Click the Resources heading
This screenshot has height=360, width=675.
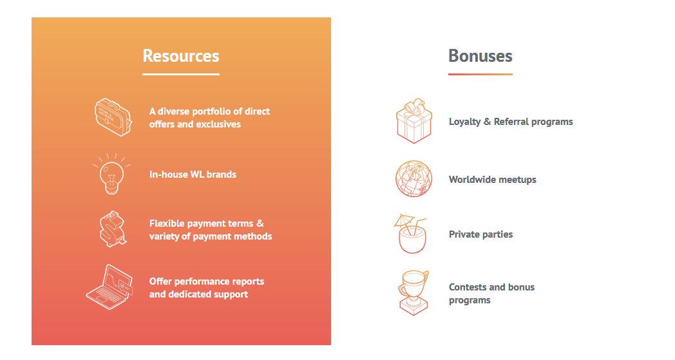click(181, 56)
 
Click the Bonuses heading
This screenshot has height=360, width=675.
click(480, 56)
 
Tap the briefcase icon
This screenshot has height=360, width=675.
click(113, 118)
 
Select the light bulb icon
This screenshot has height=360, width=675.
click(111, 174)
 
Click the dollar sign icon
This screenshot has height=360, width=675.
click(113, 229)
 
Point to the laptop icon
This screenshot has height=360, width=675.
click(109, 287)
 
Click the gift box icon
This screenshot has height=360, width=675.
click(414, 121)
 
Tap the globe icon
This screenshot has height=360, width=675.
click(414, 179)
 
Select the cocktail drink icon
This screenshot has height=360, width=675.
click(411, 234)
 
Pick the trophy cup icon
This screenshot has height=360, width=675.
click(414, 293)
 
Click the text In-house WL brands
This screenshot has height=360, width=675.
click(193, 175)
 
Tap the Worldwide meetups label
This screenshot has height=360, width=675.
click(493, 180)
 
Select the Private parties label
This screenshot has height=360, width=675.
click(481, 234)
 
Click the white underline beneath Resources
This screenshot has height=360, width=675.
click(181, 74)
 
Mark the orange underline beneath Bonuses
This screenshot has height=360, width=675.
click(480, 74)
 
